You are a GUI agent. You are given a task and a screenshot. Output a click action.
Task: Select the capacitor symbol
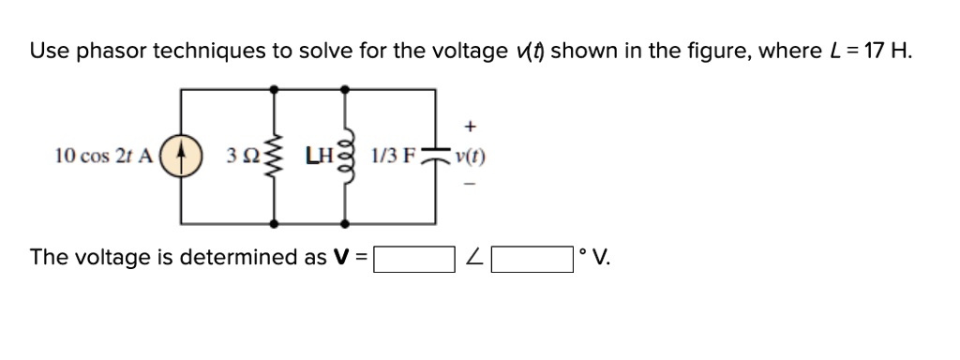tap(434, 156)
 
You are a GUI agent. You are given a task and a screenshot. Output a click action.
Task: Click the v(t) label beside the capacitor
tap(470, 157)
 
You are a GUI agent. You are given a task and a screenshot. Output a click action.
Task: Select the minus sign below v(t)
tap(470, 185)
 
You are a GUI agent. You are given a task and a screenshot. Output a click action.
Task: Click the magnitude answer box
tap(415, 258)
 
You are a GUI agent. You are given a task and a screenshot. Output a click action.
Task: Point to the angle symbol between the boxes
tap(474, 258)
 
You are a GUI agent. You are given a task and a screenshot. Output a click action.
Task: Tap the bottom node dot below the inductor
tap(345, 224)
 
